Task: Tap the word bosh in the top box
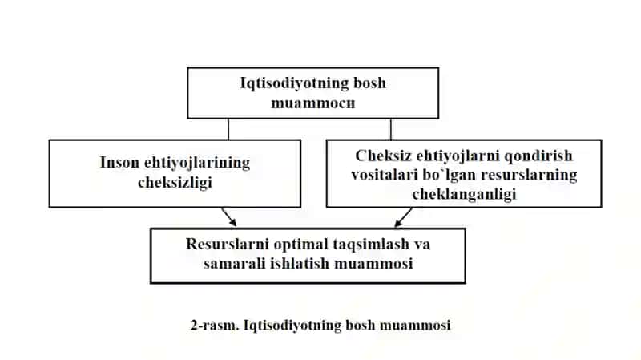[x=369, y=83]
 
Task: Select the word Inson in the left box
[x=119, y=163]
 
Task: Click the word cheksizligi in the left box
[x=175, y=183]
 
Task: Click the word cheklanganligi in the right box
[x=464, y=194]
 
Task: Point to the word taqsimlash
[x=372, y=245]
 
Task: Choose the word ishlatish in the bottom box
[x=300, y=264]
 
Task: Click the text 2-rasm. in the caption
[x=215, y=326]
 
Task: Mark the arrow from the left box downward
[x=229, y=216]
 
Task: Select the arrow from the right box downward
[x=404, y=217]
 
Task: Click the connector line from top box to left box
[x=228, y=129]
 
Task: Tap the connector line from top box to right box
[x=391, y=129]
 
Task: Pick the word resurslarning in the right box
[x=529, y=175]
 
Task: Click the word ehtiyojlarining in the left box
[x=197, y=163]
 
